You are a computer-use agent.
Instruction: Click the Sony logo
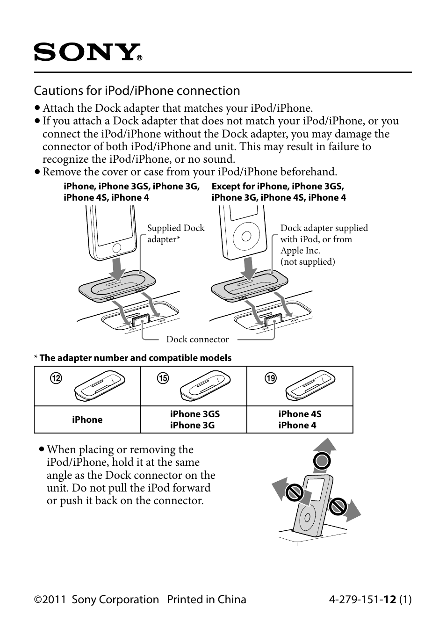[87, 52]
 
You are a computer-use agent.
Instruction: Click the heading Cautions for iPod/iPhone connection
[137, 91]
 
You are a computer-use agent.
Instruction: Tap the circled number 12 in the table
[56, 378]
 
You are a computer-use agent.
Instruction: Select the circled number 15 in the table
[163, 378]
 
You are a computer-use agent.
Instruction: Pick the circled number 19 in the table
[271, 378]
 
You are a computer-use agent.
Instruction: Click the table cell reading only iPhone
[87, 419]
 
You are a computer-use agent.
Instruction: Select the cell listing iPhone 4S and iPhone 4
[300, 419]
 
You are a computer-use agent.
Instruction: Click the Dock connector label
[197, 340]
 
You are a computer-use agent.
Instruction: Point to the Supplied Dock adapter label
[175, 233]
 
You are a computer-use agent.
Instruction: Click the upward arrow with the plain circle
[322, 461]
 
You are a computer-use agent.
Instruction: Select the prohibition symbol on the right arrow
[337, 506]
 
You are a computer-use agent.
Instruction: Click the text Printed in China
[206, 600]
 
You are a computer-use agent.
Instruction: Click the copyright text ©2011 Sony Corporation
[96, 600]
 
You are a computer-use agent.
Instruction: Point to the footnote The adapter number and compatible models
[135, 358]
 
